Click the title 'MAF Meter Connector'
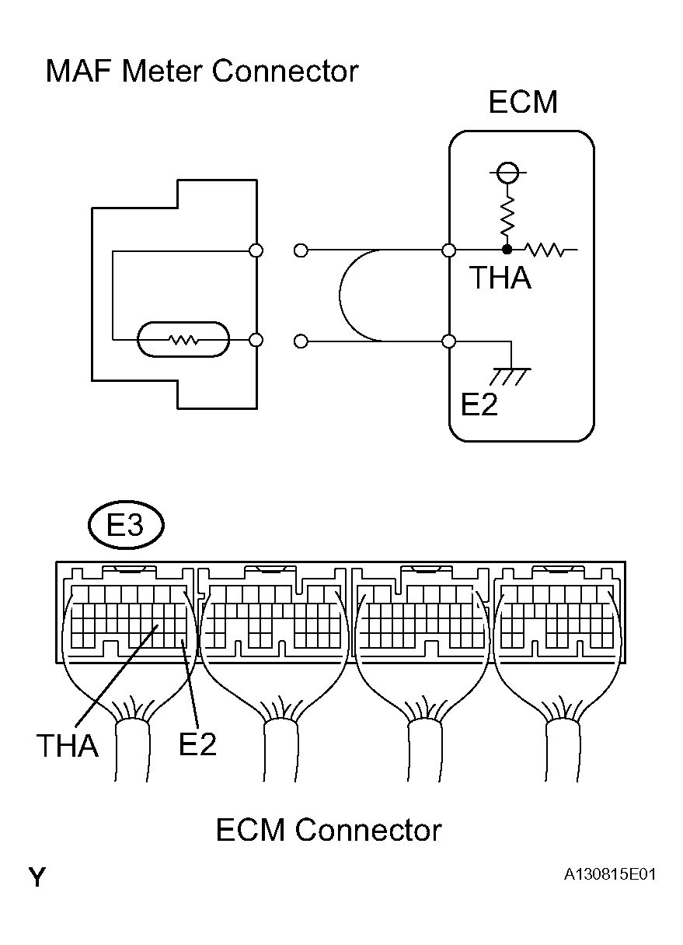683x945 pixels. point(202,72)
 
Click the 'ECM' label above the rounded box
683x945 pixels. point(522,103)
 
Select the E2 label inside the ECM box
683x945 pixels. point(479,404)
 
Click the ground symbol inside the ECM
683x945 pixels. point(510,376)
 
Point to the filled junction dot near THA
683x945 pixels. point(507,250)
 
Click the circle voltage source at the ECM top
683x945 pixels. point(507,172)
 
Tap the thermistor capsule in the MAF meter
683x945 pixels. point(183,341)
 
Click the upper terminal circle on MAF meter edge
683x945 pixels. point(256,250)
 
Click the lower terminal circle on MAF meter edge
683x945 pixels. point(256,341)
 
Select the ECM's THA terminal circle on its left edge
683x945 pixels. point(448,250)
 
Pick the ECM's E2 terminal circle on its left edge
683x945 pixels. point(448,341)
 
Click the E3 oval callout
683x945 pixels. point(125,527)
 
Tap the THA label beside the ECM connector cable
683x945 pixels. point(68,746)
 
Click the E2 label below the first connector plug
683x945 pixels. point(197,744)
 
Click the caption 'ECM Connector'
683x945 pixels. point(328,830)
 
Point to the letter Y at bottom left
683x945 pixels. point(37,878)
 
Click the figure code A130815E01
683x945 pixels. point(610,875)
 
